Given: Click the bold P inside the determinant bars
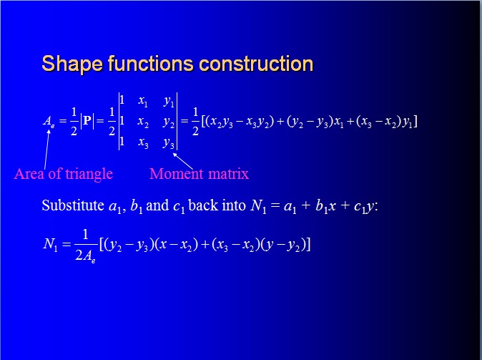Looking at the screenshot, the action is [87, 121].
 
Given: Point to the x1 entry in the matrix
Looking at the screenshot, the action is [143, 101].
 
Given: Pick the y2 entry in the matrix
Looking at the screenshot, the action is [169, 122].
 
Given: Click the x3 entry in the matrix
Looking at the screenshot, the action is [143, 142].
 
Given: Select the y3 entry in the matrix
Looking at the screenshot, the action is [169, 142].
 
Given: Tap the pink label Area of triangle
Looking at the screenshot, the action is [64, 174].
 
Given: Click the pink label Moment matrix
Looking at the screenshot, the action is [199, 174].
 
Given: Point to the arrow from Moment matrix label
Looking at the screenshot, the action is [183, 161].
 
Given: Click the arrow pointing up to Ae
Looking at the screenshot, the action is [46, 150].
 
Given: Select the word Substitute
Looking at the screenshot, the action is [73, 205].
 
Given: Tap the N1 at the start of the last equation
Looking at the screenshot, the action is [50, 245].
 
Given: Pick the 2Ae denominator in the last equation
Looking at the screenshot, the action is [85, 256].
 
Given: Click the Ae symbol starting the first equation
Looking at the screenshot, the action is [48, 121].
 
